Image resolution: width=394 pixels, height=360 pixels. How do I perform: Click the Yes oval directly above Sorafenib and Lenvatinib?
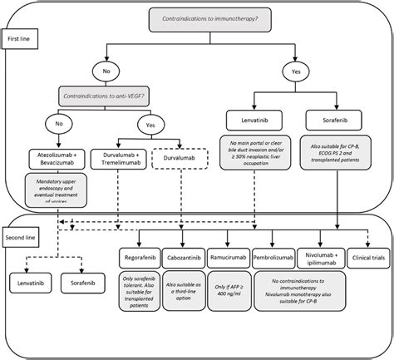point(297,72)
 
